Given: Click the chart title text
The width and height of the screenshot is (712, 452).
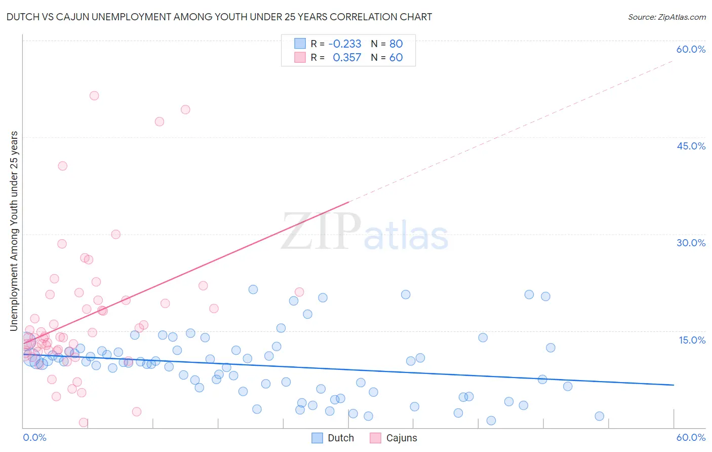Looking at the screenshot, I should (219, 17).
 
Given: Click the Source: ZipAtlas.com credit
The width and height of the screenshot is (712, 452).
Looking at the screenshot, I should (666, 17).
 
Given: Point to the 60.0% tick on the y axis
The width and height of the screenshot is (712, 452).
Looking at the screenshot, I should (691, 49).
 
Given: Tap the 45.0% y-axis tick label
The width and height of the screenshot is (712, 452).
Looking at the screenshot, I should (691, 146).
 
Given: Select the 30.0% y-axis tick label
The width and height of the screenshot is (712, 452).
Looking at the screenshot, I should (691, 243).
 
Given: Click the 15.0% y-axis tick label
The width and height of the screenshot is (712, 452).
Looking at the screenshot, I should (692, 340).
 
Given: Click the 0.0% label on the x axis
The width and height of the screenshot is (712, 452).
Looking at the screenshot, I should (34, 437).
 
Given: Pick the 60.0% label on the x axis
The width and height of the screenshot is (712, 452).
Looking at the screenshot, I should (691, 437).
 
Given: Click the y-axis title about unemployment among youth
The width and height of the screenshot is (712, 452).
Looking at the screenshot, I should (14, 231).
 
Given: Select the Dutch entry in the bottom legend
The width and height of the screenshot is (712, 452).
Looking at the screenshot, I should (340, 438).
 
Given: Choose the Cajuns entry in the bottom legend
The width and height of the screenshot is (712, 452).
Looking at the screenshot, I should (401, 438).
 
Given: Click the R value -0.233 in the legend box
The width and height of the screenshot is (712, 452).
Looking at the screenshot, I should (345, 44).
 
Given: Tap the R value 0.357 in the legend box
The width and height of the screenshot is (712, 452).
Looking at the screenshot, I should (347, 57).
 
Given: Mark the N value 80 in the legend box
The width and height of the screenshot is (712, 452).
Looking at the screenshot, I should (396, 44).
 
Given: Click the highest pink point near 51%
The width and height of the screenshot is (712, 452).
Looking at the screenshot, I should (94, 96).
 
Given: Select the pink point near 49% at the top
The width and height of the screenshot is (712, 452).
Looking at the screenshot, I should (185, 109).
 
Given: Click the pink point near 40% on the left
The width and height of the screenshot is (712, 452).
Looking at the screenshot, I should (63, 166).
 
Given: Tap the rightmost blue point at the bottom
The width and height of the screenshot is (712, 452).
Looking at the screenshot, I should (599, 416).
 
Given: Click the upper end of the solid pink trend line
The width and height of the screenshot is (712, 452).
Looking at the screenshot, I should (349, 202).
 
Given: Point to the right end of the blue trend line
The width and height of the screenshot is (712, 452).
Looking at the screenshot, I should (674, 385).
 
